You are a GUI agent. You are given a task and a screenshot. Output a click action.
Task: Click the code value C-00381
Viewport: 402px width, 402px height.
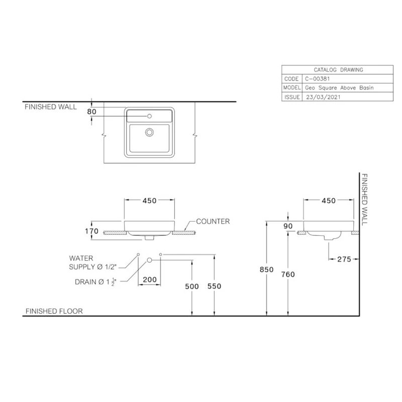[316, 79]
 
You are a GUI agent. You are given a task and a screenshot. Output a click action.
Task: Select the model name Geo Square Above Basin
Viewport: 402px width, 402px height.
[339, 88]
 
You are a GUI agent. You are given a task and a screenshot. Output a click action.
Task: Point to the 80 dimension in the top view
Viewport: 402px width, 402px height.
[91, 112]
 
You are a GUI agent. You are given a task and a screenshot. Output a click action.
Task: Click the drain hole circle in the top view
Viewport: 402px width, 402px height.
[149, 133]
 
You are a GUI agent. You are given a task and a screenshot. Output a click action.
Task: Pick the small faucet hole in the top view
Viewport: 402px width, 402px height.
[149, 117]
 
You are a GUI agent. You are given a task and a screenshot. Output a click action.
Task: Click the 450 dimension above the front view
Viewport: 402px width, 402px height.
[149, 200]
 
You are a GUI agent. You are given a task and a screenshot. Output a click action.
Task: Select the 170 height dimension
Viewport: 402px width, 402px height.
[92, 232]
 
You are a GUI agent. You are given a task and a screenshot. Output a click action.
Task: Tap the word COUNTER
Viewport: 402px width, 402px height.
[213, 221]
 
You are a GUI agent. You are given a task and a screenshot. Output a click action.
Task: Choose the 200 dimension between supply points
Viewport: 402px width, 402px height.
[149, 280]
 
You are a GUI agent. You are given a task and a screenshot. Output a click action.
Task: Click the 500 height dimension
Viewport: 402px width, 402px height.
[192, 285]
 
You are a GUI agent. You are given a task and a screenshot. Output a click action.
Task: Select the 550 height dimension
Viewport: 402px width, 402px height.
[215, 285]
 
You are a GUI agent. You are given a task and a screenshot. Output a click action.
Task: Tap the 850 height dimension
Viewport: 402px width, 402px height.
[266, 269]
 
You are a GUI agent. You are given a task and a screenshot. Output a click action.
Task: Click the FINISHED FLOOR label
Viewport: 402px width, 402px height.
[54, 311]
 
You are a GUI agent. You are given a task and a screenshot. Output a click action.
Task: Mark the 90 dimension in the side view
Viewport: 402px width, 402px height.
[288, 226]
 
